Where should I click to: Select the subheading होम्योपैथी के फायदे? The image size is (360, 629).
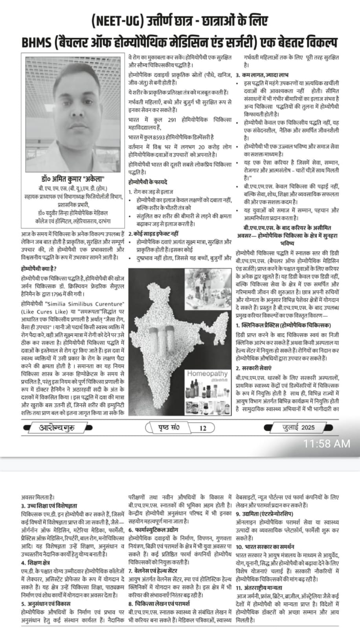pos(148,182)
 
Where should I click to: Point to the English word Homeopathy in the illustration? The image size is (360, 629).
pos(207,373)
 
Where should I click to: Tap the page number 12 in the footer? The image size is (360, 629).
pos(203,428)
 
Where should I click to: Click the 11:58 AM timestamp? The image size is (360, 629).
pos(327,443)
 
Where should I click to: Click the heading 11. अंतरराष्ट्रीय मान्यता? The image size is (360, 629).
pos(260,588)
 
